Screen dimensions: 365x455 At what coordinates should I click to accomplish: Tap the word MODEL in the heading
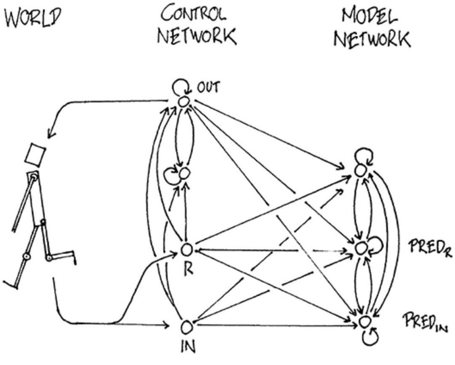click(x=370, y=17)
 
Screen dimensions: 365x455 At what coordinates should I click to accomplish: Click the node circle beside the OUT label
click(x=184, y=102)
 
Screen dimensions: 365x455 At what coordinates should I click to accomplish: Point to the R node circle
click(x=187, y=250)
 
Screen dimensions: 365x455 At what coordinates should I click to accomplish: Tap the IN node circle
click(x=186, y=326)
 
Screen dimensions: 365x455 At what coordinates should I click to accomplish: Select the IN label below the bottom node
click(x=188, y=348)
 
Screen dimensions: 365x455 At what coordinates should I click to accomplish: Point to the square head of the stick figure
click(x=35, y=153)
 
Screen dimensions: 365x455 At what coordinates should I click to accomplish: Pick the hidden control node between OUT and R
click(x=184, y=173)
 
